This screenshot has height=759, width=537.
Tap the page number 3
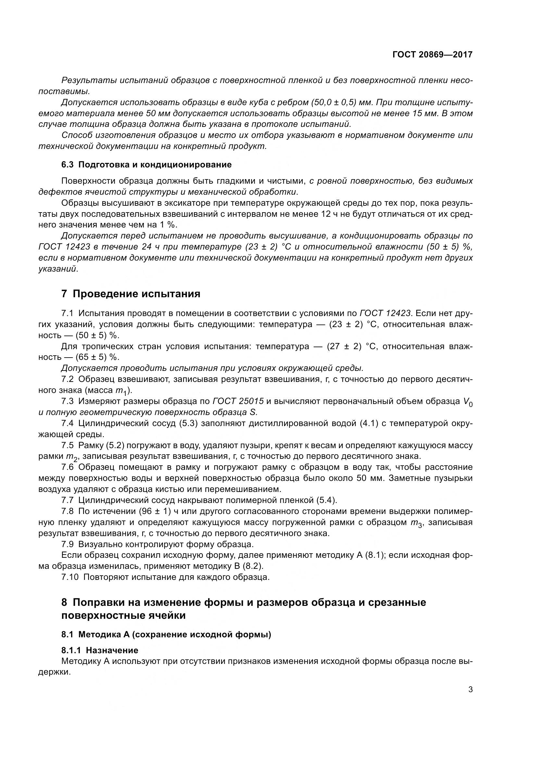470,690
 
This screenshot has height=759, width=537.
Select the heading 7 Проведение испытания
131,294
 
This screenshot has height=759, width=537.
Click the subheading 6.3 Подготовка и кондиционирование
146,164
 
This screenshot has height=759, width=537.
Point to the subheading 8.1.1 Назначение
100,650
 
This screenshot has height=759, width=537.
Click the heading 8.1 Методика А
166,635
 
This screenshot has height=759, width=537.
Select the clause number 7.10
70,577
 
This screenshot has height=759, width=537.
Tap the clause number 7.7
68,500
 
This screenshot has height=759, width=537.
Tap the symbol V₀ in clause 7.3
467,402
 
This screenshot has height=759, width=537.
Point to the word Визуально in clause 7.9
102,544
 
